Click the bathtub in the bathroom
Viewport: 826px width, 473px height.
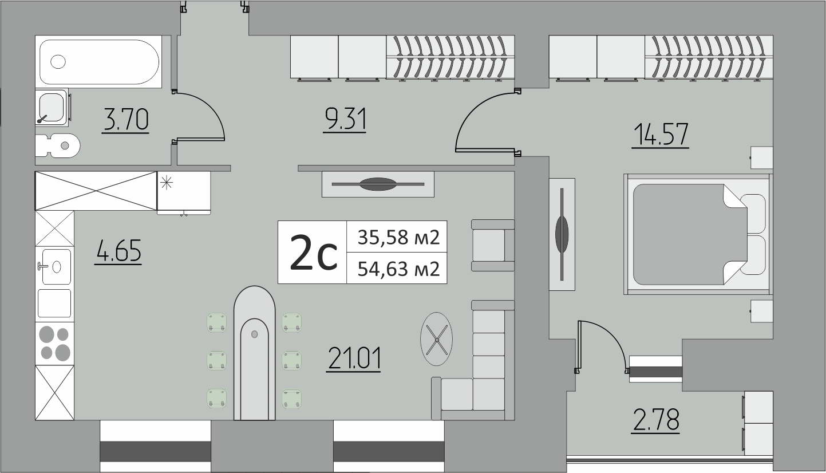click(x=98, y=62)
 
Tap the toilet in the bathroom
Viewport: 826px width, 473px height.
click(x=57, y=145)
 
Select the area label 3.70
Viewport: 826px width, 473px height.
click(x=126, y=120)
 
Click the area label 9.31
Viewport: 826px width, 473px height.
click(x=344, y=120)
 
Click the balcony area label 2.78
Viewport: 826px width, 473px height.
click(x=655, y=420)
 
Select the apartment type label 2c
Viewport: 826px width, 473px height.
click(x=313, y=253)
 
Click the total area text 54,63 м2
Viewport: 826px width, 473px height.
click(x=398, y=269)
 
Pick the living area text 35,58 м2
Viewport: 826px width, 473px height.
click(x=398, y=236)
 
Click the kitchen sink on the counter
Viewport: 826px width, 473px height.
click(x=55, y=266)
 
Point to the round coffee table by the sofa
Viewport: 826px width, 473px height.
click(x=436, y=339)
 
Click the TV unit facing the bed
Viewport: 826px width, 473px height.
click(x=562, y=234)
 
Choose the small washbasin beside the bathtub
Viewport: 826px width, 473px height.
click(x=52, y=107)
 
